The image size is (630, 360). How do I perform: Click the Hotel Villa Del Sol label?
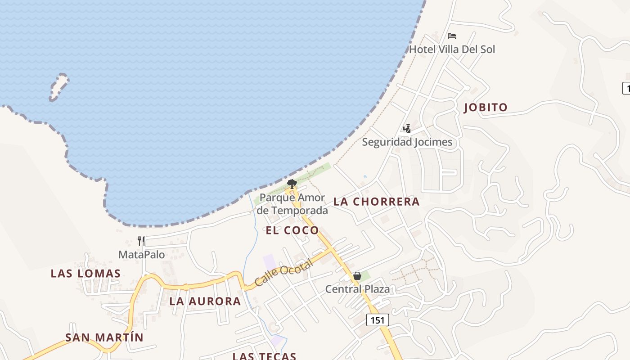pos(452,49)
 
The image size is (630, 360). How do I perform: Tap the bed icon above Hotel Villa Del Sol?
pos(452,36)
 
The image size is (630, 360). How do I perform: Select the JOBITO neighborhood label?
pos(486,108)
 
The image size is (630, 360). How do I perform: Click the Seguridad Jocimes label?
pos(407,142)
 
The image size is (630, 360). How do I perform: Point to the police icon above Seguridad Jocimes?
pos(407,129)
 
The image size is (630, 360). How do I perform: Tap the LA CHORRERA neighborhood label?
pos(377,202)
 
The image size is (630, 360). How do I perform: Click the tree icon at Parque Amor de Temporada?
pos(292,184)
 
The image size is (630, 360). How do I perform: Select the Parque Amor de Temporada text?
pos(292,204)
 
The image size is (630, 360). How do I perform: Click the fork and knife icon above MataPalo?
pos(141,241)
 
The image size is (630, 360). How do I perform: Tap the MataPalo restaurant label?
pos(141,255)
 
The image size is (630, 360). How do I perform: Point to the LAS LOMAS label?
pos(85,274)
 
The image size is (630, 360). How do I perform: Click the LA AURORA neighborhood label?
pos(205,301)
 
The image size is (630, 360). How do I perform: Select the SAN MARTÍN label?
pos(104,337)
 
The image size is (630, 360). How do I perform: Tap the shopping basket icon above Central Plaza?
pos(357,276)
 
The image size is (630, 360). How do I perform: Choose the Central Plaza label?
pos(357,289)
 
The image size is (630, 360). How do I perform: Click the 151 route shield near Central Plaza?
pos(378,320)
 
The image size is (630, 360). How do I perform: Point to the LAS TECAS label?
pos(264,356)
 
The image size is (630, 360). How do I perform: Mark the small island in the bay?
pos(58,86)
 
